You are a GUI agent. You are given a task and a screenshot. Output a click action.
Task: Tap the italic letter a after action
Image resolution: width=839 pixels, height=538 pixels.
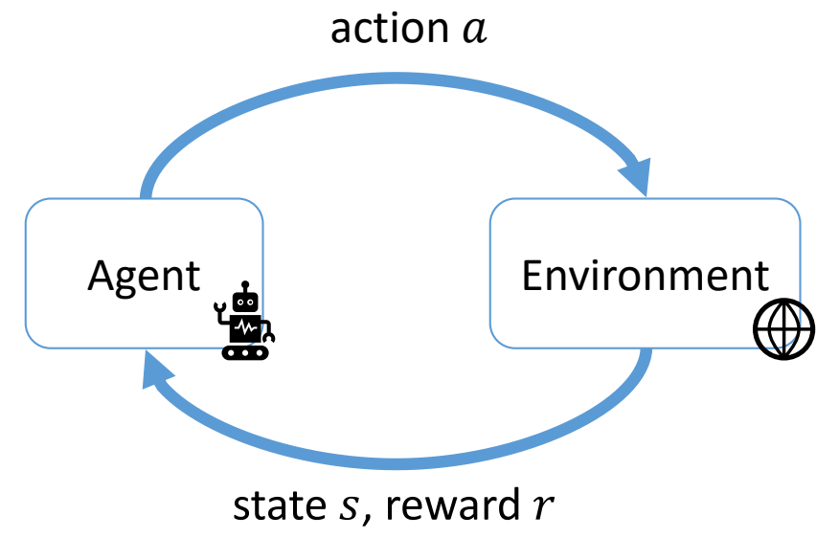click(x=473, y=31)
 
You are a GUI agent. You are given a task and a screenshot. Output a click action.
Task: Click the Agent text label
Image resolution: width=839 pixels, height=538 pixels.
click(x=144, y=276)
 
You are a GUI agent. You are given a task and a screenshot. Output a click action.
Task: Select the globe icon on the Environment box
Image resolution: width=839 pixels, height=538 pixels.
click(x=782, y=330)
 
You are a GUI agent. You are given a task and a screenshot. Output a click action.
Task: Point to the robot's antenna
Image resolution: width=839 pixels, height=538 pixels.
click(x=246, y=286)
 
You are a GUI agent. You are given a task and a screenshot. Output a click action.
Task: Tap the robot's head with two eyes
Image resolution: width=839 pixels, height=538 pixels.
click(x=246, y=302)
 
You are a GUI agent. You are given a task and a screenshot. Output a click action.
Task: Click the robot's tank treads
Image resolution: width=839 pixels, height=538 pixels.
click(x=246, y=351)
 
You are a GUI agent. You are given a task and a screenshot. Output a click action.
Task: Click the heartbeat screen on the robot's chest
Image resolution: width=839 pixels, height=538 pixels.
click(x=246, y=326)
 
